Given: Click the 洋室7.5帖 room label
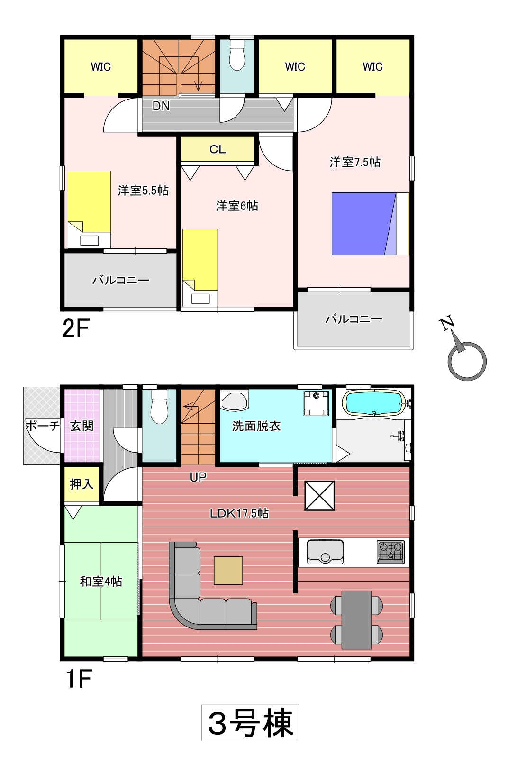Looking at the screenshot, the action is [355, 162].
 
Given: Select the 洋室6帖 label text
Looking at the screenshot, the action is [237, 206].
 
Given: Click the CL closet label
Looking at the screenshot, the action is [218, 149].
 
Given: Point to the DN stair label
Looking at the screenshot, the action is [161, 106].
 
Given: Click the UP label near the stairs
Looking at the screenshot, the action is [198, 477].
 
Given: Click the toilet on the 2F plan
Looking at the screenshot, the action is [237, 55].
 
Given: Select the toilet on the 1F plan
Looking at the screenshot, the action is [159, 407].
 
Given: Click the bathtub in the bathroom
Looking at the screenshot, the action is [374, 403].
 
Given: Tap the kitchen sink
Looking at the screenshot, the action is [325, 552].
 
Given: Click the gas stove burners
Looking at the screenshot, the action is [390, 552].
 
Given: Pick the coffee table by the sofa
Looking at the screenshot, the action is [228, 571].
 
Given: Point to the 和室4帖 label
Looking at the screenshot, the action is [101, 582].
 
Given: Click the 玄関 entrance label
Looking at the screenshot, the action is [82, 426].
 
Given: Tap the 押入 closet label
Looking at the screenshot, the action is [82, 484].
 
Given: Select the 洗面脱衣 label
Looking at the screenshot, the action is [256, 426].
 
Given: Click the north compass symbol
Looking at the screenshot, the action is [464, 350].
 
